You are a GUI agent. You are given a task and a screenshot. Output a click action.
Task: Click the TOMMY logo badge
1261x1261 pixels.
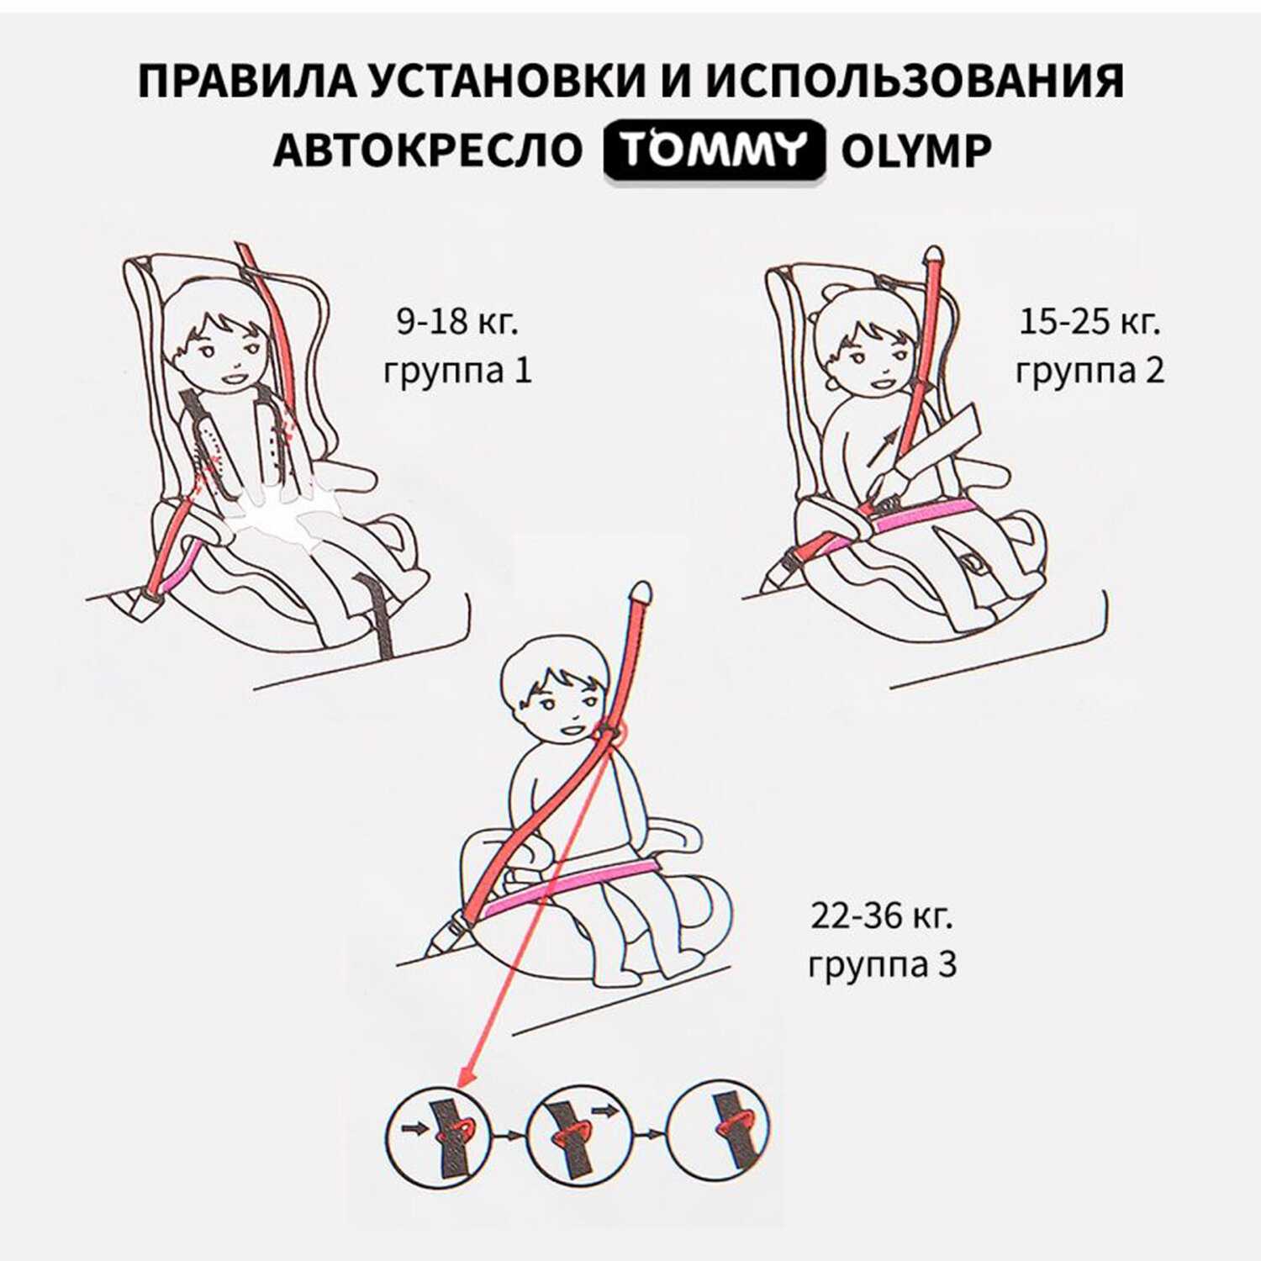click(x=714, y=150)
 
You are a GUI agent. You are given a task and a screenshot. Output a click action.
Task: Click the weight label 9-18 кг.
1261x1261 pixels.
click(x=458, y=321)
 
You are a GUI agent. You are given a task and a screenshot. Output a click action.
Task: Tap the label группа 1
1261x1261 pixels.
click(x=458, y=370)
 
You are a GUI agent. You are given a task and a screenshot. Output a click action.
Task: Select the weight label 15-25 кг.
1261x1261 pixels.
click(x=1090, y=321)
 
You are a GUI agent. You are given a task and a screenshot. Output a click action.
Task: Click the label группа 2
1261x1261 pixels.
click(x=1090, y=370)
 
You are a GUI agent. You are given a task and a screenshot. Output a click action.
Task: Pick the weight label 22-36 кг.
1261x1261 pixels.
click(x=882, y=915)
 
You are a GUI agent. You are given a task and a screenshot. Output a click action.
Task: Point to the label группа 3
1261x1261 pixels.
click(x=882, y=964)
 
